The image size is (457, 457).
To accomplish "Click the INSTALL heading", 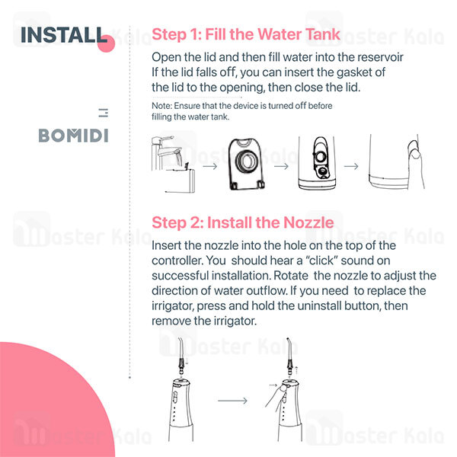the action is pos(64,35).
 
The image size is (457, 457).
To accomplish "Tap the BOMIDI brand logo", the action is pos(73,136).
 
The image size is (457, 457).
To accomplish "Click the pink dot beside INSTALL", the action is pos(106,43).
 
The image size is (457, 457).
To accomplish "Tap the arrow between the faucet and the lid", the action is pos(210,166).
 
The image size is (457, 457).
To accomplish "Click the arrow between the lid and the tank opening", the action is pos(281,166).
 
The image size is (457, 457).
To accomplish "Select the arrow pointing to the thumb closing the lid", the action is pos(351,166).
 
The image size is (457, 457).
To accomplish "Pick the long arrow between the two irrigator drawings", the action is pos(232,401).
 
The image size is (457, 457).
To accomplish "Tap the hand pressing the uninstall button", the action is pos(277,396).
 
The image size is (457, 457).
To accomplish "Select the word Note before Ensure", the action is pos(161,106).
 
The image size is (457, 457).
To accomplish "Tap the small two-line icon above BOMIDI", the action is pos(104,113).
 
